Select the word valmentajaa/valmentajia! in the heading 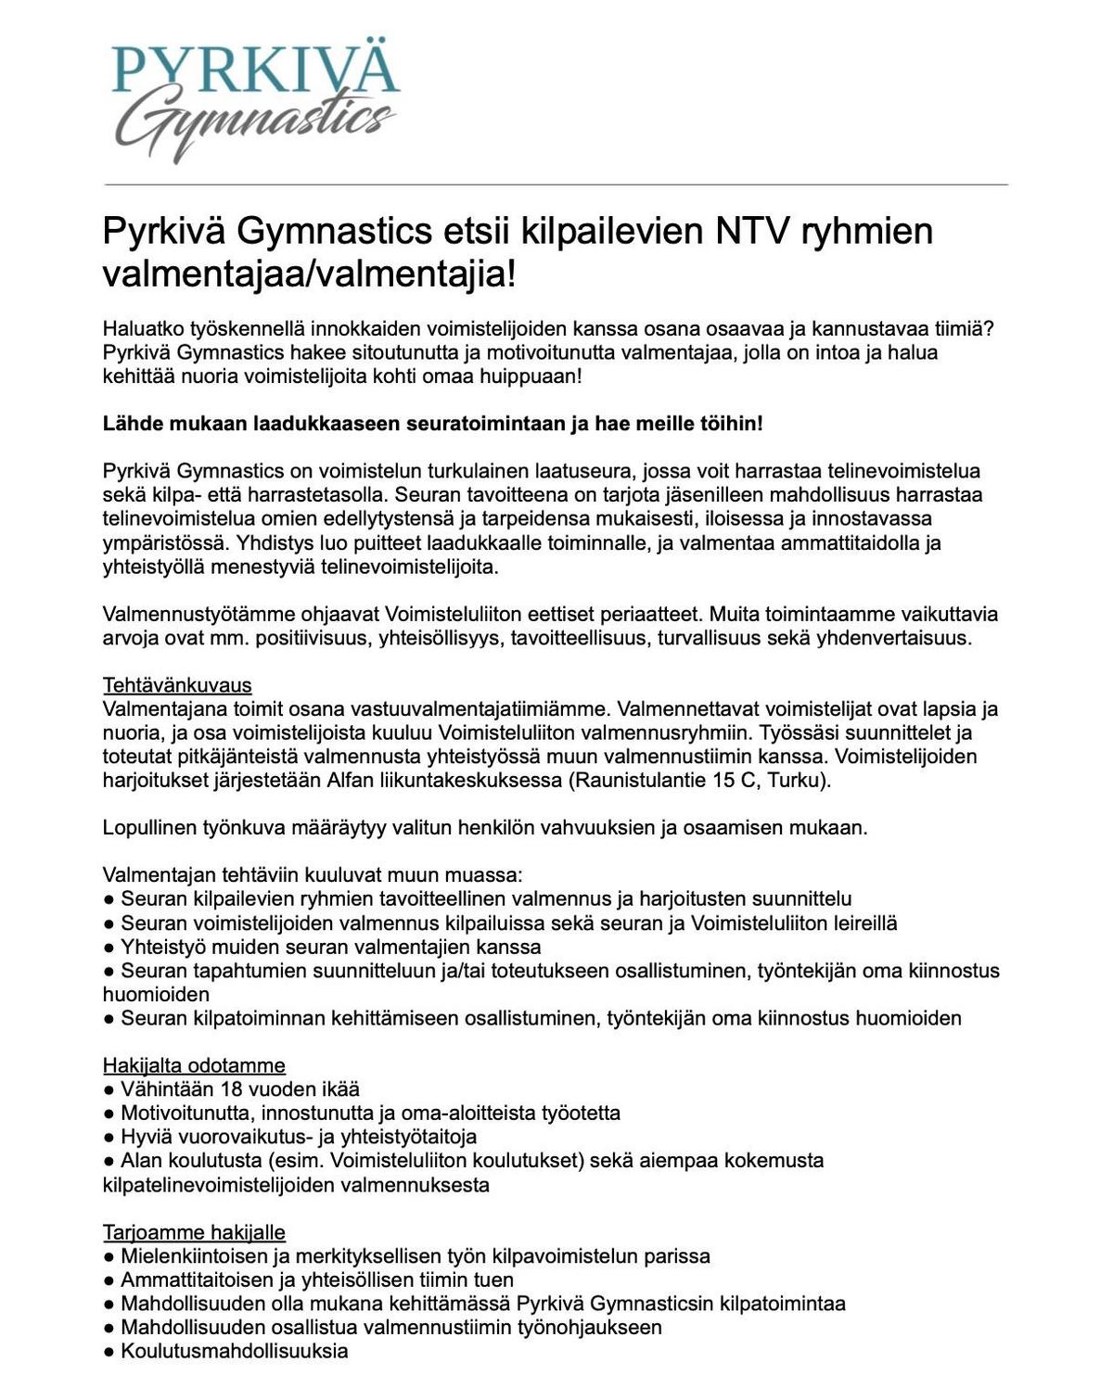pyautogui.click(x=309, y=274)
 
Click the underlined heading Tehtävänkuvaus pyautogui.click(x=177, y=685)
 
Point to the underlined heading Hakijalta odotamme pyautogui.click(x=194, y=1065)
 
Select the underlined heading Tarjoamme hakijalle pyautogui.click(x=194, y=1232)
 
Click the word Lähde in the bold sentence pyautogui.click(x=129, y=424)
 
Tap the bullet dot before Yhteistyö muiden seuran pyautogui.click(x=109, y=948)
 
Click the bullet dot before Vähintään pyautogui.click(x=109, y=1089)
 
